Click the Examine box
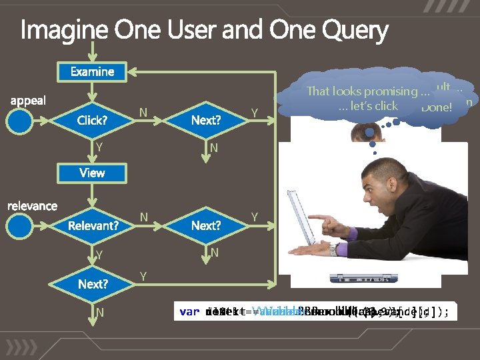[92, 71]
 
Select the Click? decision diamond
[92, 121]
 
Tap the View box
[92, 173]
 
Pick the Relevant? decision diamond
[93, 225]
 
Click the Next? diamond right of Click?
[205, 121]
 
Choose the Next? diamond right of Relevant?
[205, 225]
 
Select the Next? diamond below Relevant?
[93, 284]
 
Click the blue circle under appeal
[21, 121]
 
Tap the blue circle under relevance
[21, 226]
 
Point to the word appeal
[28, 101]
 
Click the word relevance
[32, 206]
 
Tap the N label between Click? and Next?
[143, 113]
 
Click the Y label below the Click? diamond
[99, 146]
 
